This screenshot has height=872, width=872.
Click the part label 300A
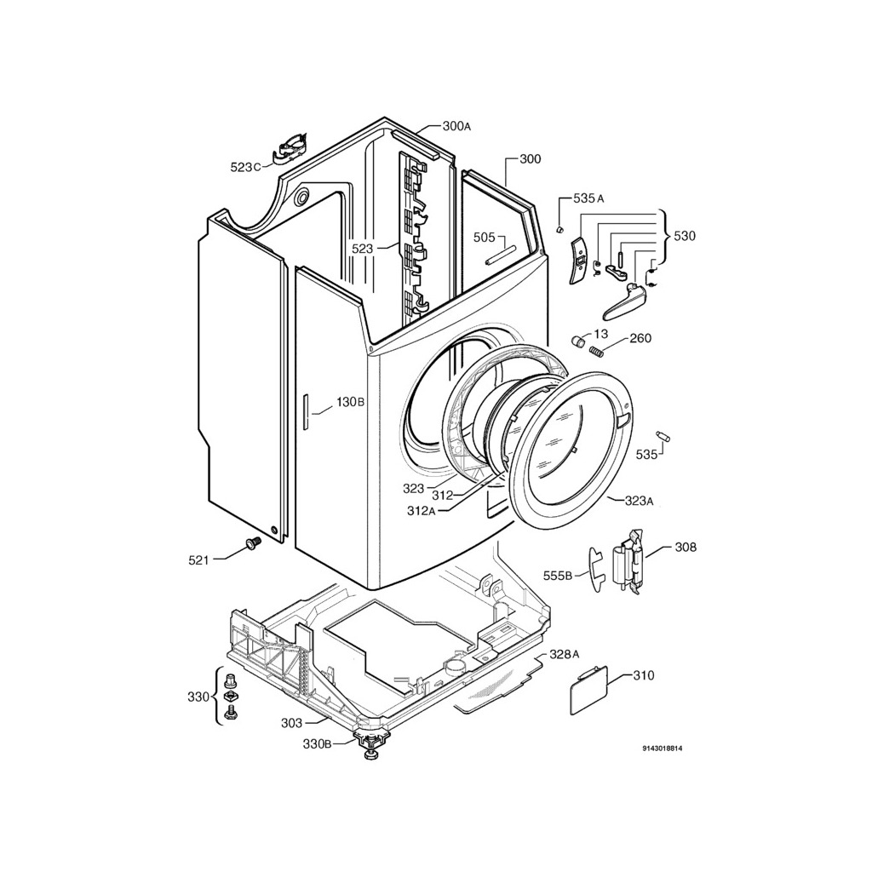tap(456, 126)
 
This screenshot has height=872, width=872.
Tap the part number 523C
tap(245, 167)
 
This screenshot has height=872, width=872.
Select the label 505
tap(484, 238)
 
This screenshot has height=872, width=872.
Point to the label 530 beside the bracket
tap(685, 236)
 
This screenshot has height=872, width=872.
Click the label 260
tap(640, 338)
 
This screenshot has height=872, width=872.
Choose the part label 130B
tap(350, 402)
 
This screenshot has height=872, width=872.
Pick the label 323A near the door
tap(639, 501)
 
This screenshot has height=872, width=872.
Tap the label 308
tap(686, 548)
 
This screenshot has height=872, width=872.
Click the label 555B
tap(558, 576)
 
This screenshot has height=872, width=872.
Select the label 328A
tap(565, 654)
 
